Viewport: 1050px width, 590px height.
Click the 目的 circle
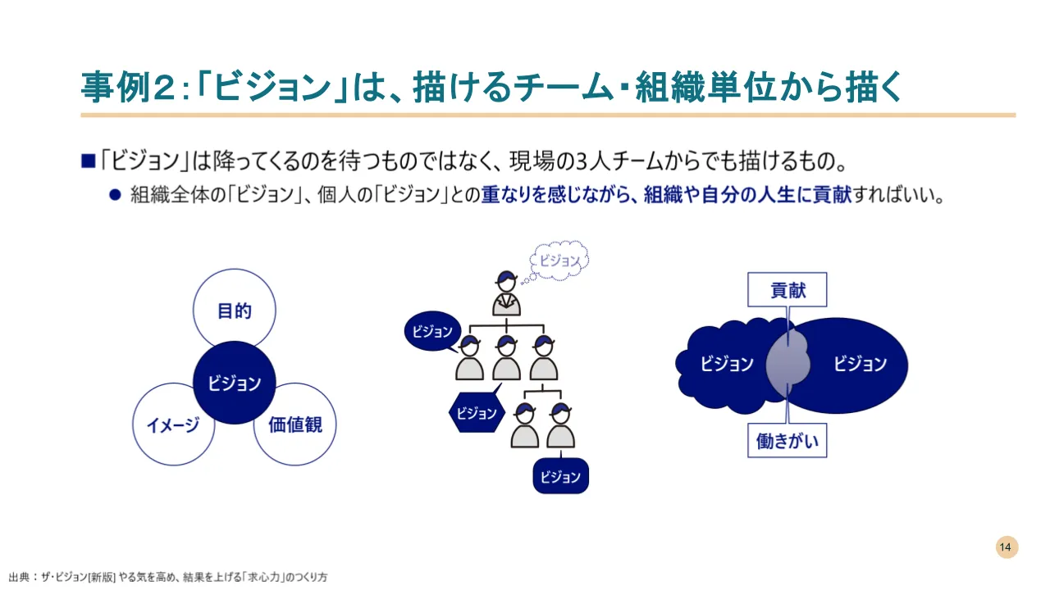[x=234, y=311]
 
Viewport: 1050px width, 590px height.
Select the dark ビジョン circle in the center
[x=234, y=383]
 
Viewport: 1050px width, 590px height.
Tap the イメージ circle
[x=173, y=424]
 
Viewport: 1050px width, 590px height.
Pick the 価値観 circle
[x=295, y=424]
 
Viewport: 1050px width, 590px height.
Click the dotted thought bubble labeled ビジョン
[x=560, y=261]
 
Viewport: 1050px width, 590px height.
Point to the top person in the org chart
[x=506, y=293]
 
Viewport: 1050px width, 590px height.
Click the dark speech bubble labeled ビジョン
[x=432, y=332]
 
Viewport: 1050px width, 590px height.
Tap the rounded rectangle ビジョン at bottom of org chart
[x=561, y=476]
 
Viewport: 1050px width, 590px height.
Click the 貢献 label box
[x=787, y=290]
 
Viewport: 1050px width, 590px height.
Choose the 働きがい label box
[x=787, y=441]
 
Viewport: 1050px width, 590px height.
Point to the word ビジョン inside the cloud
[x=727, y=364]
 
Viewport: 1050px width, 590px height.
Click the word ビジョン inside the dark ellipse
[x=860, y=364]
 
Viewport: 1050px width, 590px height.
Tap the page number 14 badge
[x=1007, y=547]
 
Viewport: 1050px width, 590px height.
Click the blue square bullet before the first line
[x=89, y=161]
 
